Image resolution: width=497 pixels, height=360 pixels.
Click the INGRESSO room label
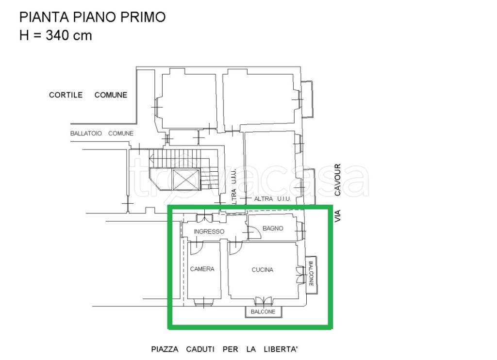pos(209,231)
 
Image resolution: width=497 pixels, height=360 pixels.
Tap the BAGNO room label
pos(272,228)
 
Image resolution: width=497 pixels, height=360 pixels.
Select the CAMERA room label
pos(202,269)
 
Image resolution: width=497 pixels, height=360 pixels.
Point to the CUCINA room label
pos(262,270)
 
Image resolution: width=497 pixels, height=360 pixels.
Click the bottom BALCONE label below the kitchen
pos(263,311)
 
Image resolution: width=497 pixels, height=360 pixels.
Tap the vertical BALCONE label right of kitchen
pos(311,274)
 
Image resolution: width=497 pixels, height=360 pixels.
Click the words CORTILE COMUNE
pos(88,95)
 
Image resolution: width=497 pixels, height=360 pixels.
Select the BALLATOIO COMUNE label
pos(101,133)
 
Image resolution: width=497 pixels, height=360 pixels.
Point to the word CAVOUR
pos(338,180)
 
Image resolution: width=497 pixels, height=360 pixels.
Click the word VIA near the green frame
pos(338,216)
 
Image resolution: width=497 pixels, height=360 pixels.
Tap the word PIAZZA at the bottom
pos(165,349)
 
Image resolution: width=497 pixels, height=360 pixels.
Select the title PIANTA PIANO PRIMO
pos(92,17)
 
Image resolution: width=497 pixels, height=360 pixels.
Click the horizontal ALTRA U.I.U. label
pos(272,199)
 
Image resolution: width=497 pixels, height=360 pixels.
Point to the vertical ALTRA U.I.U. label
pos(234,187)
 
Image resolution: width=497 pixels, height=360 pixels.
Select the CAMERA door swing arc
pos(197,248)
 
